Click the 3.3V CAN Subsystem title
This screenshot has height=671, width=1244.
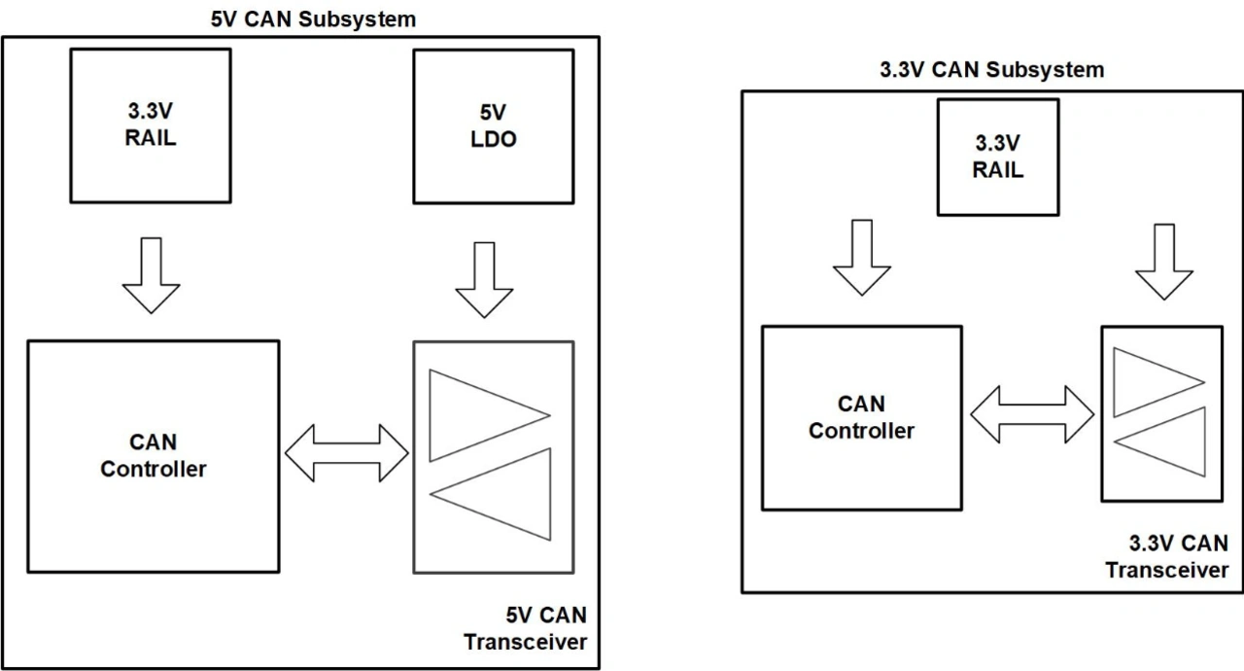(x=991, y=70)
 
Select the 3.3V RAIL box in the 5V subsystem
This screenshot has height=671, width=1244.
(x=151, y=124)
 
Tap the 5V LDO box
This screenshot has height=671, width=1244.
(x=493, y=124)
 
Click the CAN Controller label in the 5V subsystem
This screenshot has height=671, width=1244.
(x=154, y=456)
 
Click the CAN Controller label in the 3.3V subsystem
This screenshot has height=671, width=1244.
(x=861, y=418)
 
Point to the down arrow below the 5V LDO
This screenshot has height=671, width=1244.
(x=483, y=280)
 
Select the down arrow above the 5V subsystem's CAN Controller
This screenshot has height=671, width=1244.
(x=151, y=277)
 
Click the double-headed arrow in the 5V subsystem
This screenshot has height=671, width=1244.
(x=347, y=452)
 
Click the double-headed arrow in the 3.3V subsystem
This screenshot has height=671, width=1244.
(x=1032, y=413)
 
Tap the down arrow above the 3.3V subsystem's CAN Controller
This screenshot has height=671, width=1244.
(x=862, y=258)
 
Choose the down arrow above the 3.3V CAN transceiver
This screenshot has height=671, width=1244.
(x=1162, y=262)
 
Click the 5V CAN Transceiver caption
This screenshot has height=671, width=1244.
(x=525, y=629)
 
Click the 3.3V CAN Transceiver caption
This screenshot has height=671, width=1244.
(x=1166, y=556)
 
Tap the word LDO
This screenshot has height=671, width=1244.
(x=493, y=139)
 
